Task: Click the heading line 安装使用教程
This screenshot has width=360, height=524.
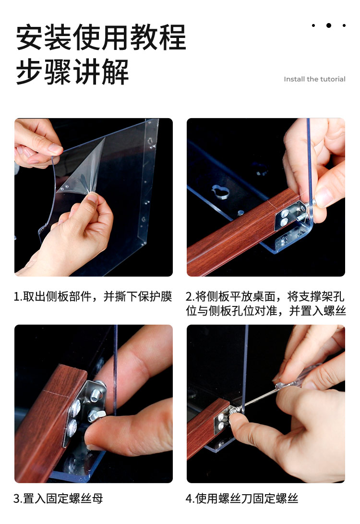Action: [101, 37]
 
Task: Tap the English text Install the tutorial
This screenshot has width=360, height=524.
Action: [314, 79]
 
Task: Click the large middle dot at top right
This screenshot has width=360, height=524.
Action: [329, 25]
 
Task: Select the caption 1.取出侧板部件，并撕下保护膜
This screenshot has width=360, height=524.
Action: [93, 296]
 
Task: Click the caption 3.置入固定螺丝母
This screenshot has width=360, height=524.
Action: [58, 499]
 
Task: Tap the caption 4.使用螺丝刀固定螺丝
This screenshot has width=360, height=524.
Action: [242, 499]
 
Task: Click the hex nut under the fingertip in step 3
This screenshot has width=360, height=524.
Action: [96, 415]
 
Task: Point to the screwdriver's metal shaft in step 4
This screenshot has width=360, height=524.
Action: [261, 397]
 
